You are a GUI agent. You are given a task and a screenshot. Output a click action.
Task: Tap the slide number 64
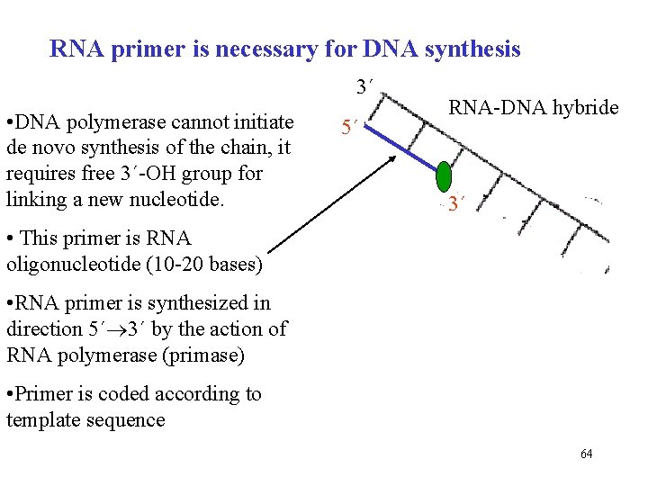point(586,454)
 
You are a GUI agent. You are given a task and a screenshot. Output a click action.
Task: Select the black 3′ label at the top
point(364,88)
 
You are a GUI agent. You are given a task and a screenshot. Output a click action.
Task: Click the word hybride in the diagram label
point(586,109)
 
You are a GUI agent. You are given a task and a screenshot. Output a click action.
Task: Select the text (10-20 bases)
point(205,265)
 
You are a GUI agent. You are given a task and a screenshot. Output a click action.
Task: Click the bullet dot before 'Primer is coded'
point(10,394)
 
